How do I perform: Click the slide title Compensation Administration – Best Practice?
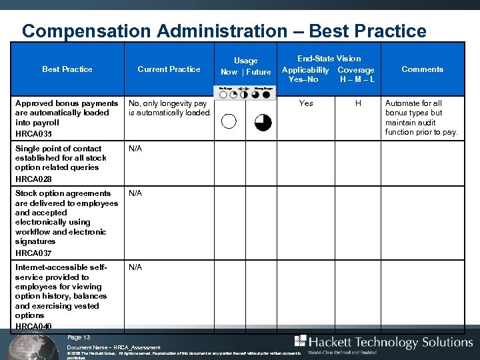(x=224, y=31)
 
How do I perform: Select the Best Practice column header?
(x=67, y=69)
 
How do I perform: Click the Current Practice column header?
(x=169, y=69)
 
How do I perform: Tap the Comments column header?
(x=422, y=69)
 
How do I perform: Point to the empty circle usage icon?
(x=229, y=121)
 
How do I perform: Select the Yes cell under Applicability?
(x=306, y=103)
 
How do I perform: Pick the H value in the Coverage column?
(x=358, y=103)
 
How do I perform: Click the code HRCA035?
(x=33, y=133)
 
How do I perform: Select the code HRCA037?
(x=33, y=253)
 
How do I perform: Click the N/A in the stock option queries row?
(x=135, y=149)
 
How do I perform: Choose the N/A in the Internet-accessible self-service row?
(x=135, y=267)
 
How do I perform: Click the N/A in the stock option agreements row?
(x=135, y=193)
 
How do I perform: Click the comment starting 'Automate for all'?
(x=421, y=117)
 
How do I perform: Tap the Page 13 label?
(x=79, y=337)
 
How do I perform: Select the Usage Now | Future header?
(x=245, y=66)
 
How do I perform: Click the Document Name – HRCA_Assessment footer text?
(x=113, y=348)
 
